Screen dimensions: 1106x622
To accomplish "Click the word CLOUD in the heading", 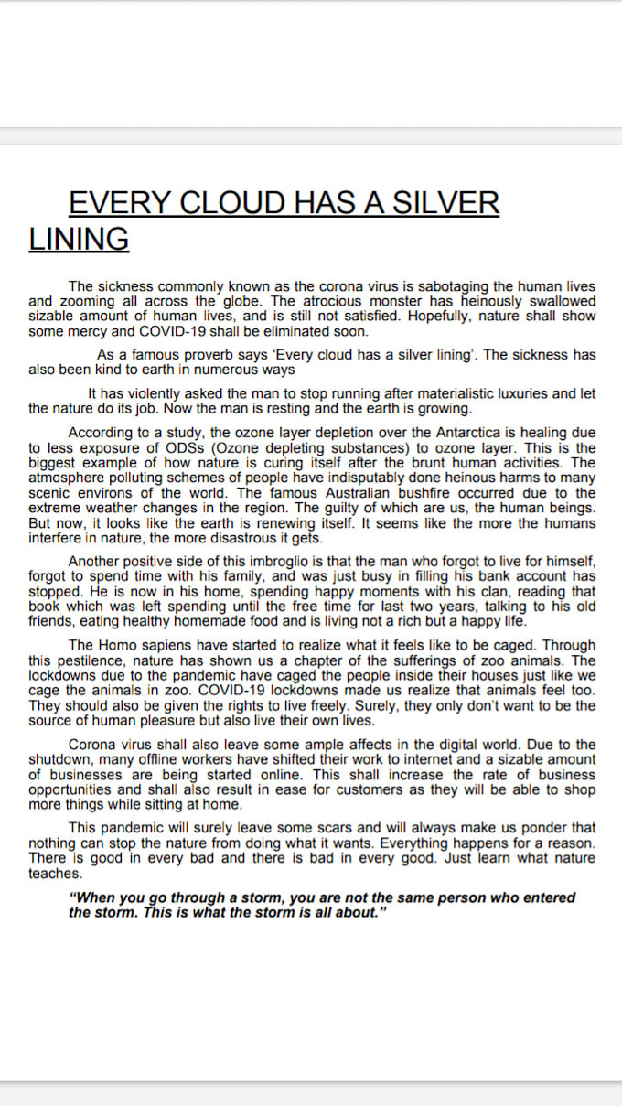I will [x=230, y=202].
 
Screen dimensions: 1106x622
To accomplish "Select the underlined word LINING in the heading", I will [x=79, y=239].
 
